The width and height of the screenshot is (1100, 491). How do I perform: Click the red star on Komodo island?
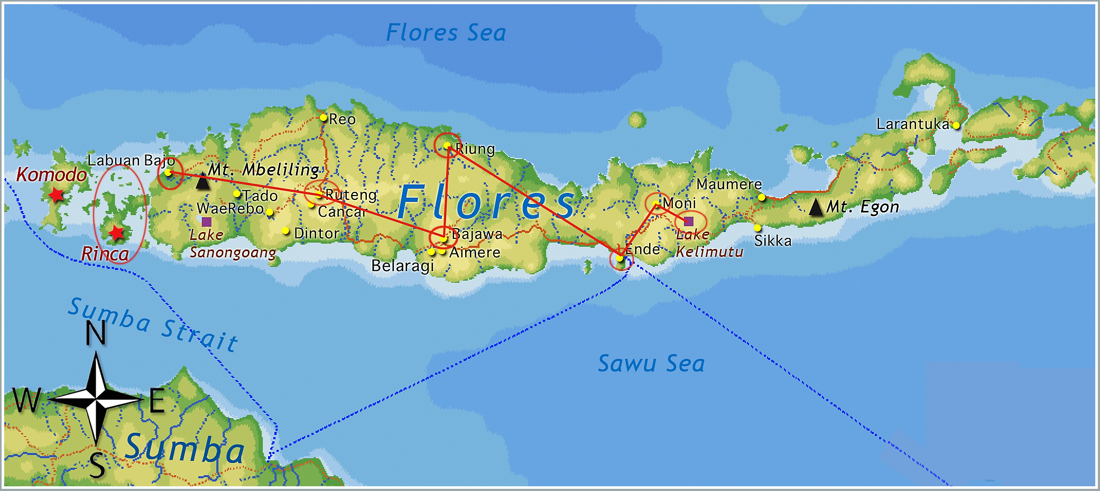pos(56,195)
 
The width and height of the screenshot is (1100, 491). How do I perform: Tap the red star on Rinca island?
pos(116,233)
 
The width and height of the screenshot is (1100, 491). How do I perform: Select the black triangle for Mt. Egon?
pos(816,207)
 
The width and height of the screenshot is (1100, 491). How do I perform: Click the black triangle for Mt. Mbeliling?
pos(202,181)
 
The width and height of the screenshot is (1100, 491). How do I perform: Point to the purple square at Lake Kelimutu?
pos(688,221)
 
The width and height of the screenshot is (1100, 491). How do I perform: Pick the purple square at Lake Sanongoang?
pos(207,221)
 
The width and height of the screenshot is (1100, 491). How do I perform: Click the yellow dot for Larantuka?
pos(956,125)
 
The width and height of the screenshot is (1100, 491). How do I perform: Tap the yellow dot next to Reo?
pos(323,117)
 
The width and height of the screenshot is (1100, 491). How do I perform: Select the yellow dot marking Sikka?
pos(757,228)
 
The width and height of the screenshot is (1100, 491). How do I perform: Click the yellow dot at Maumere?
pos(762,197)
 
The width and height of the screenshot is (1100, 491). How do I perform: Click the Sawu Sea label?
pos(651,364)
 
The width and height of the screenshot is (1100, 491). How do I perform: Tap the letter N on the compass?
pos(96,333)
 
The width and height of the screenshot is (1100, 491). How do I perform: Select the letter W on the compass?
pos(26,400)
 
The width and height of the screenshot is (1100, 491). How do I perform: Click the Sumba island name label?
pos(184,448)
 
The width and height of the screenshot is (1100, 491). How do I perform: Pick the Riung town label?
pos(475,149)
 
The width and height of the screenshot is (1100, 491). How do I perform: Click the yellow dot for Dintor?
pos(285,230)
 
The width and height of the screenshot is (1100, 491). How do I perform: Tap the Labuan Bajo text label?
pos(131,161)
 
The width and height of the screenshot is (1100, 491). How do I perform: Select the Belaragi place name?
pos(402,266)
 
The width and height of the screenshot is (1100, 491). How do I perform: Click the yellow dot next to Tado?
pos(237,194)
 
